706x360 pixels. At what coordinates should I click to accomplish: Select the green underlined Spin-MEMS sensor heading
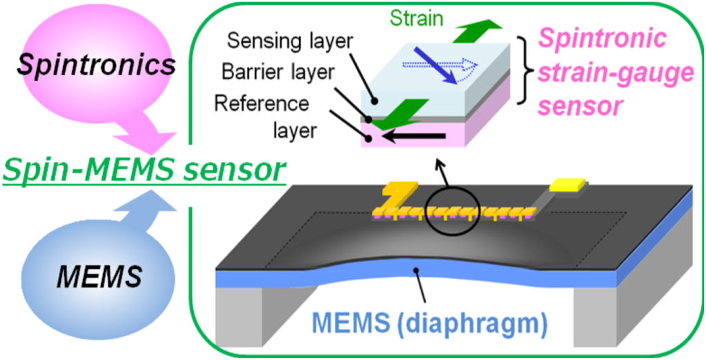[x=142, y=169]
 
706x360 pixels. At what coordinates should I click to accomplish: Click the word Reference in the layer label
[x=261, y=103]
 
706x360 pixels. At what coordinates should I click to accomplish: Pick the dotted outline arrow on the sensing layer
[x=450, y=66]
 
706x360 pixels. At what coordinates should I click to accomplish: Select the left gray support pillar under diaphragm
[x=239, y=311]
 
